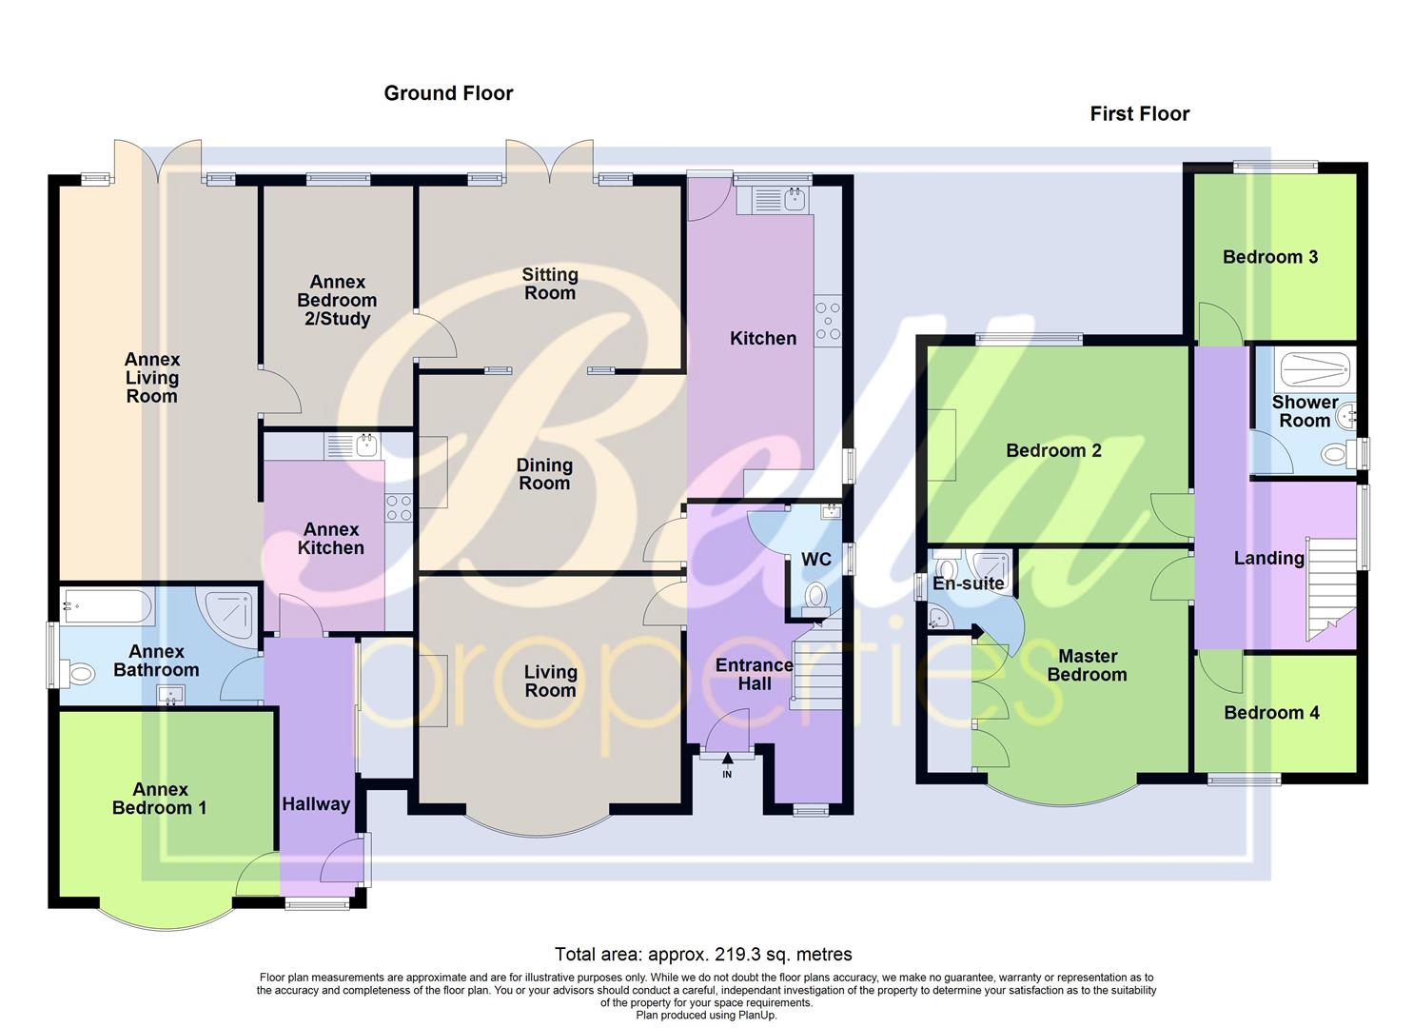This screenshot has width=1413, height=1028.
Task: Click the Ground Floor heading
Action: (x=448, y=93)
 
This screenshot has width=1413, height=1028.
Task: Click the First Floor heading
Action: (x=1139, y=114)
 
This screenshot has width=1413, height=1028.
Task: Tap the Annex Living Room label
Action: (x=152, y=378)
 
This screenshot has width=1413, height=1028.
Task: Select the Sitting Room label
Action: (x=550, y=284)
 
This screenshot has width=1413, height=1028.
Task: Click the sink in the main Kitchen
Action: (x=781, y=199)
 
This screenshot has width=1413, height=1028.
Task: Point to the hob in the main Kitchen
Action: (x=828, y=320)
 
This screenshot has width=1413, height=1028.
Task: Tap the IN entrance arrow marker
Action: (x=728, y=759)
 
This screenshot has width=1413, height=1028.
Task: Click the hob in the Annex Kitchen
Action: (x=399, y=508)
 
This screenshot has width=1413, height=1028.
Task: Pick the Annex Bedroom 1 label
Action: (x=159, y=799)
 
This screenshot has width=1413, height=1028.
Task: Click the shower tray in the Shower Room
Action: (x=1313, y=366)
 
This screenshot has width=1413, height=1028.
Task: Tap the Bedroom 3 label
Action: (x=1270, y=257)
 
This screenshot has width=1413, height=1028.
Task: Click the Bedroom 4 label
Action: (x=1271, y=713)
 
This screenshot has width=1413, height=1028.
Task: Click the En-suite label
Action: (x=968, y=583)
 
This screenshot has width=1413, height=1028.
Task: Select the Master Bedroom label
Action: (x=1087, y=665)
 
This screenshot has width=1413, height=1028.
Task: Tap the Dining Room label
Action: (x=544, y=474)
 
